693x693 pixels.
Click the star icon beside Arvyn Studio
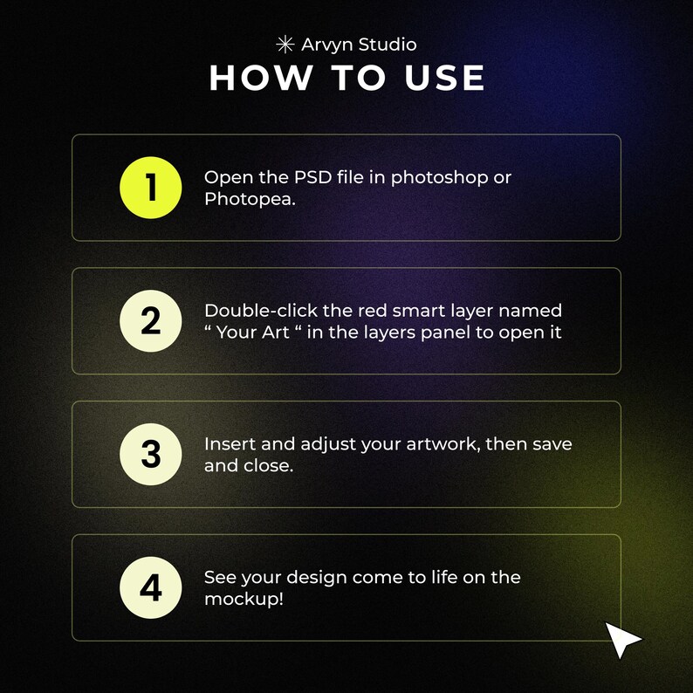(285, 45)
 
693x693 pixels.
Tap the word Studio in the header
(388, 45)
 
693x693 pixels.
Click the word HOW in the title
(261, 78)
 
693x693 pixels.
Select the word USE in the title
(444, 78)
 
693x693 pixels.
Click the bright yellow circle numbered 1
(151, 188)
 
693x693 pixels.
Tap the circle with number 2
(151, 321)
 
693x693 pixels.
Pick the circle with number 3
(151, 455)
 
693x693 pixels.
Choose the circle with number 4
(151, 587)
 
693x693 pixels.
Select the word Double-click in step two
(261, 311)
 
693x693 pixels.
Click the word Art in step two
(275, 333)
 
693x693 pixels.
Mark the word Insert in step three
(230, 443)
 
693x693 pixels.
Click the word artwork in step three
(442, 444)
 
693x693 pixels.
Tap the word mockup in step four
(241, 600)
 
